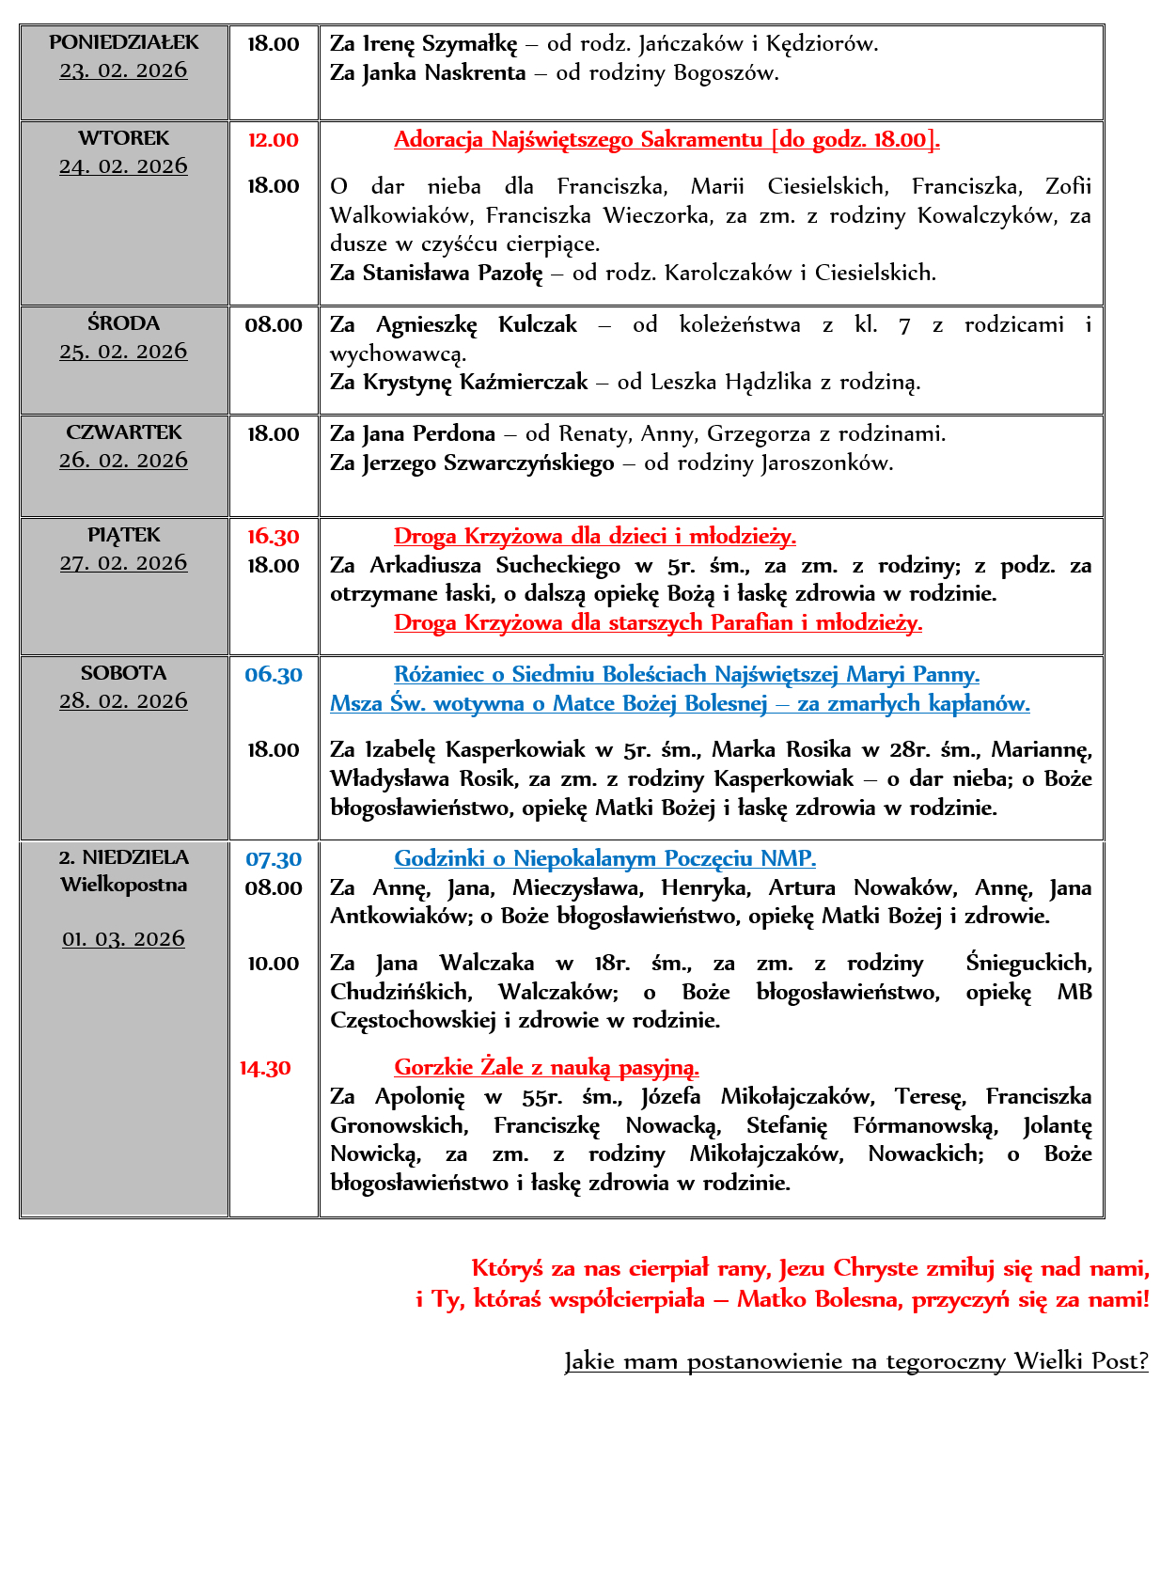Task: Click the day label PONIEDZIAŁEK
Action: [x=124, y=42]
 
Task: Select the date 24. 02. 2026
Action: [x=123, y=166]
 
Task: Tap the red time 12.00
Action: [x=273, y=140]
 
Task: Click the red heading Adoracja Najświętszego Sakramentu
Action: [x=666, y=140]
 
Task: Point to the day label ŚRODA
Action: [x=123, y=323]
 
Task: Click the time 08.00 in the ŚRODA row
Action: [x=273, y=325]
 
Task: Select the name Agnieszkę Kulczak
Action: [x=476, y=325]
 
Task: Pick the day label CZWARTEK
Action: [x=123, y=432]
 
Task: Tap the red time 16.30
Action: [x=273, y=537]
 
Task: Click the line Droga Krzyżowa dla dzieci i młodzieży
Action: [x=594, y=537]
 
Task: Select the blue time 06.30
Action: [x=273, y=675]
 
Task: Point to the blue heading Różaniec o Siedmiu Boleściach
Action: [x=686, y=675]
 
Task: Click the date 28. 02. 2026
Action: [x=123, y=701]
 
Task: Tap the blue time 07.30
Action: [x=273, y=859]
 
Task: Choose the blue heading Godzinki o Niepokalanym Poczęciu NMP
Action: [x=604, y=858]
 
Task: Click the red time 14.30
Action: [x=265, y=1068]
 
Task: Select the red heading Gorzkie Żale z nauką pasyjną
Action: [x=546, y=1068]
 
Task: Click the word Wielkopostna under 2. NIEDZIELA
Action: [x=123, y=885]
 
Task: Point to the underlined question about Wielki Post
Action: [x=855, y=1361]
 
